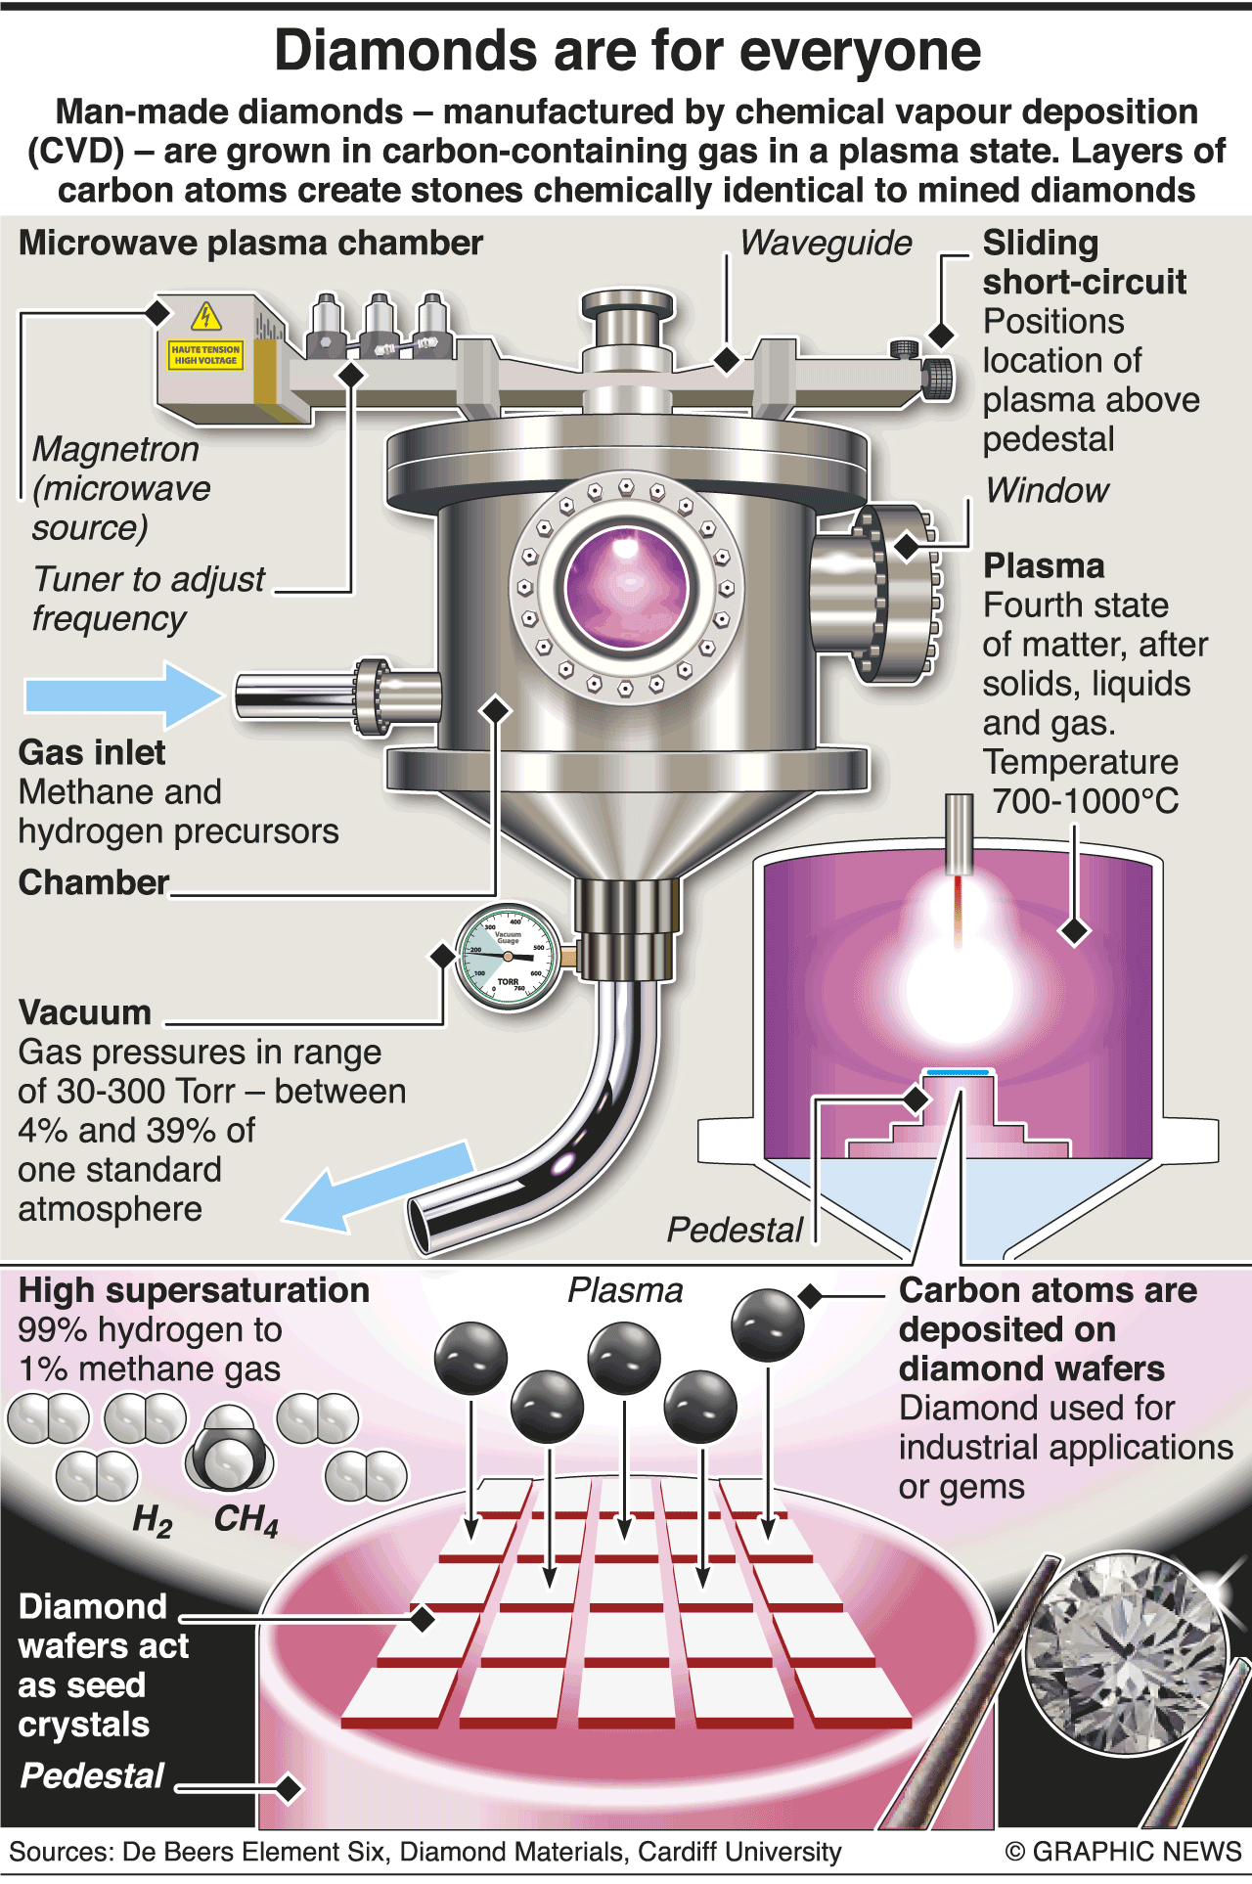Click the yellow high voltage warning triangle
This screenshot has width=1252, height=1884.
[205, 316]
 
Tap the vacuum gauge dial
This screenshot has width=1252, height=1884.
[508, 957]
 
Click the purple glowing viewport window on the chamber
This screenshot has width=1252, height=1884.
[626, 588]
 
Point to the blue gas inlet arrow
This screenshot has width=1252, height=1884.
[123, 695]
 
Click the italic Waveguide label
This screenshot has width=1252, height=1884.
[826, 243]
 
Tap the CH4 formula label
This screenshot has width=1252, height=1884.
[246, 1520]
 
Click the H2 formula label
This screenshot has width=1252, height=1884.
[153, 1520]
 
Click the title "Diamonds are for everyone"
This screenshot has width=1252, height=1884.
[627, 51]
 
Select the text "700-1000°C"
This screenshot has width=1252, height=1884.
[1085, 801]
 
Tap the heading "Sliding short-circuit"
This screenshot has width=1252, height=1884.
[1084, 262]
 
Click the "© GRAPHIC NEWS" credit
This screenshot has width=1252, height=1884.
[1123, 1851]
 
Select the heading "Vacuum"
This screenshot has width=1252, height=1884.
[85, 1012]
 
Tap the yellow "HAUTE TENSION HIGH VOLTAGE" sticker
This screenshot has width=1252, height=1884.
[205, 355]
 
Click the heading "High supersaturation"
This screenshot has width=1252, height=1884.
[194, 1290]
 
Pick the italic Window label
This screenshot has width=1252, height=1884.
[1047, 490]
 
